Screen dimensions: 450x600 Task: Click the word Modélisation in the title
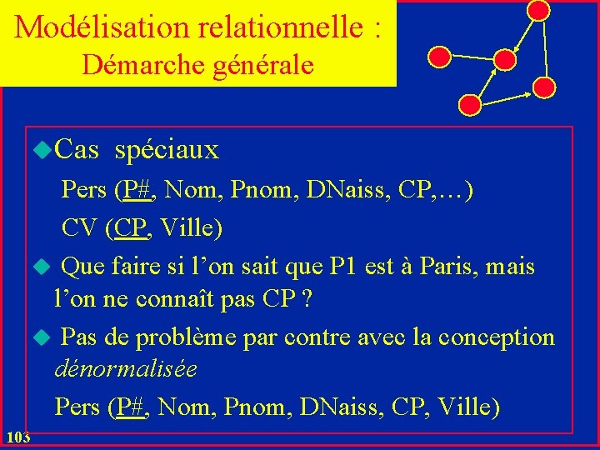point(104,27)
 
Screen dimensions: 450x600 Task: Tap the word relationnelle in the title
point(281,27)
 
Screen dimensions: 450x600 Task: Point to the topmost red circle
point(539,10)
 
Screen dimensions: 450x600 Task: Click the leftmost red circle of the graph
point(438,56)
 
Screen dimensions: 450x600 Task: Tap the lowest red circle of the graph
point(471,105)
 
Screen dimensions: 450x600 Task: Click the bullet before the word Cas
point(42,149)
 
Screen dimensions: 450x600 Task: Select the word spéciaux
point(167,150)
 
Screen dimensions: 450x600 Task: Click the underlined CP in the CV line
point(132,227)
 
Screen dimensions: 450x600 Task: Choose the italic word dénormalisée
point(126,367)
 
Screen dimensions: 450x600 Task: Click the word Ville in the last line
point(465,407)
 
